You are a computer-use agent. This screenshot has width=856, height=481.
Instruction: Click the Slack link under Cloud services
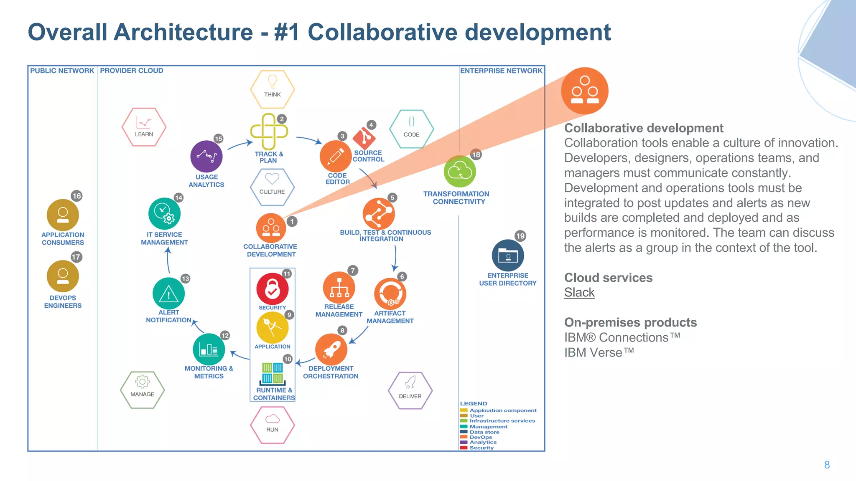point(579,293)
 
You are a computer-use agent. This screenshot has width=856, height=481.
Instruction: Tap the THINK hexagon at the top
point(272,89)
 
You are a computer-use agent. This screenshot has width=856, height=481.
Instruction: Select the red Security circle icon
point(272,289)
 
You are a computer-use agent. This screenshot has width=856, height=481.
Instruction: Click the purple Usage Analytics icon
point(206,157)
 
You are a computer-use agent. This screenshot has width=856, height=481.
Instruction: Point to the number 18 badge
point(476,154)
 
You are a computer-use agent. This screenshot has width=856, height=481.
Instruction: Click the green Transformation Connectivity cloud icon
point(460,172)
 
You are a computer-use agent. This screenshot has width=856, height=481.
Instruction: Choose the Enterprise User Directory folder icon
point(508,256)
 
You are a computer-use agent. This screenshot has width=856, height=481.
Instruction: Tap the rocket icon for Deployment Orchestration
point(331,349)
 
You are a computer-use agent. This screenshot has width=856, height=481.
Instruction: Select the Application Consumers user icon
point(63,215)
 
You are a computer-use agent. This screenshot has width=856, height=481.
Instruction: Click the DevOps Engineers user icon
point(63,276)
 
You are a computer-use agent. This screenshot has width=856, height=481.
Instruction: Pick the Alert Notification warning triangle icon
point(168,294)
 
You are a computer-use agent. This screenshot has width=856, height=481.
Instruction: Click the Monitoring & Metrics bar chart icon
point(209,349)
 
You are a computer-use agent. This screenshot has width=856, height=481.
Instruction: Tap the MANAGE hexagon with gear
point(142,390)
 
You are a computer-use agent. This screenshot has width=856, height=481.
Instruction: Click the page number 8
point(827,465)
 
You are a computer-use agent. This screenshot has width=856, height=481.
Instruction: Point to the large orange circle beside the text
point(584,91)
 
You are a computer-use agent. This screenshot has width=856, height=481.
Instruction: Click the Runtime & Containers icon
point(273,374)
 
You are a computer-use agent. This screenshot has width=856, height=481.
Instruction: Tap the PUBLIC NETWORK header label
point(62,71)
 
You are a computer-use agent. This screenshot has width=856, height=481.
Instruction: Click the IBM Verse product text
point(599,352)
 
